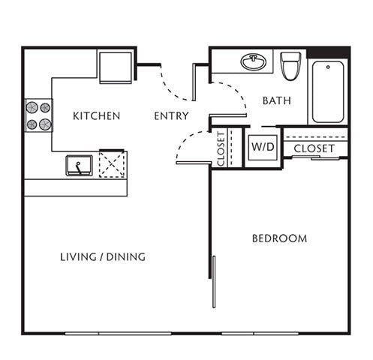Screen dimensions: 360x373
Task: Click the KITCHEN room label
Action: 96,116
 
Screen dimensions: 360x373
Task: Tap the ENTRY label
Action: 171,116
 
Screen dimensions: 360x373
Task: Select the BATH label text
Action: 276,100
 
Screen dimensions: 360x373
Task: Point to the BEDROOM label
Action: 279,238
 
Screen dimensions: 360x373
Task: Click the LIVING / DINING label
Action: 103,257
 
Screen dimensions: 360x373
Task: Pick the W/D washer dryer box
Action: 263,147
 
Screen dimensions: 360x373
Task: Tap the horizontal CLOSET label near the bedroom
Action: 314,148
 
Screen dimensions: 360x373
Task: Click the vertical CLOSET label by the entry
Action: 221,148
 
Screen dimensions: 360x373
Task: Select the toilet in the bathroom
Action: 290,65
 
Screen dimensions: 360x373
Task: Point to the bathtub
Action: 328,91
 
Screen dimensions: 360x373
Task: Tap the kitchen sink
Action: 79,164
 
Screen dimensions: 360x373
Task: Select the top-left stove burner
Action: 32,107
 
